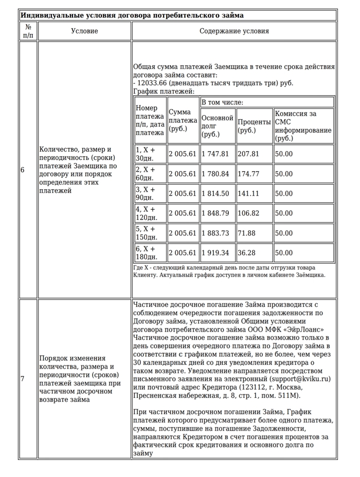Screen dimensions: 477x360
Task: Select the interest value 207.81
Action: pos(248,154)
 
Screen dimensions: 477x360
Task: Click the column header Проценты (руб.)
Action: pos(254,126)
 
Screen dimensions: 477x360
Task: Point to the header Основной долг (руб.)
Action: pos(217,126)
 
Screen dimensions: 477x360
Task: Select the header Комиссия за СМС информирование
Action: pos(303,126)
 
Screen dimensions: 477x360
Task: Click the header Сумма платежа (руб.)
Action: pos(183,120)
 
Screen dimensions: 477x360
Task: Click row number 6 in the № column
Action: pos(22,170)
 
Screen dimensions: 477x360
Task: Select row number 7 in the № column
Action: pos(22,379)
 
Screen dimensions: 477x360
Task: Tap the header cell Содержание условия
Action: pos(234,31)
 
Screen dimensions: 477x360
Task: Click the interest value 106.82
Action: pos(248,213)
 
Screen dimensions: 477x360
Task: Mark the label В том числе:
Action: pos(222,102)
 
